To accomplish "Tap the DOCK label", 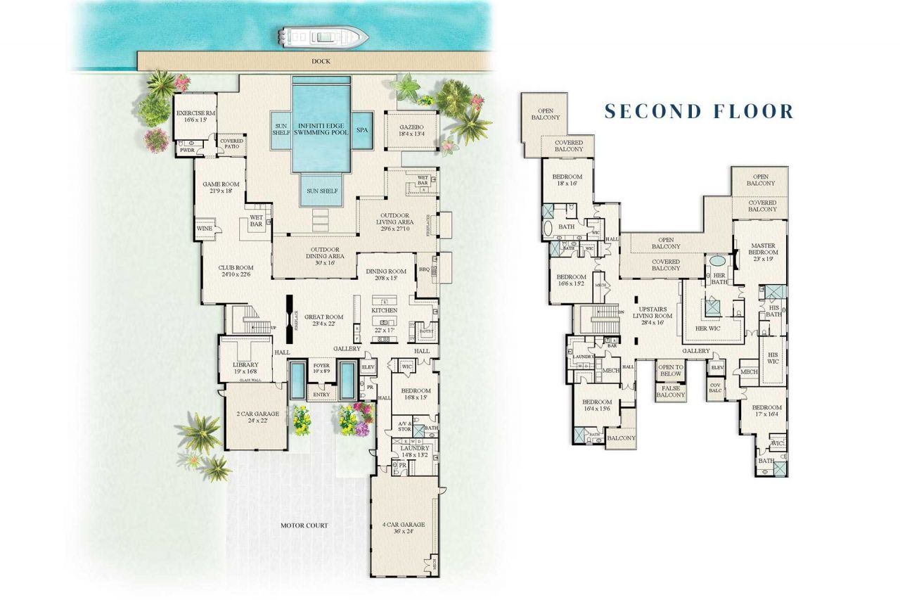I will (x=321, y=62).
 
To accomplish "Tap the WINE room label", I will (x=204, y=229).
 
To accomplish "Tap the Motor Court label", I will (x=304, y=525).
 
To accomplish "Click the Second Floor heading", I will (x=699, y=111).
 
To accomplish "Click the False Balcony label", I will (x=670, y=391).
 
